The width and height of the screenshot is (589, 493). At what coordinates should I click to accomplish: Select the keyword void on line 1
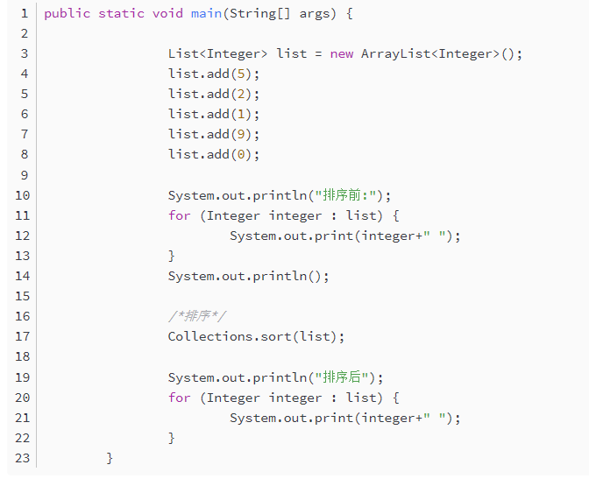167,13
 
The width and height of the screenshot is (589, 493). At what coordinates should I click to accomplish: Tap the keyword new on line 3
342,53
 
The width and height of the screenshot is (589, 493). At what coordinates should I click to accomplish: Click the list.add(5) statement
214,74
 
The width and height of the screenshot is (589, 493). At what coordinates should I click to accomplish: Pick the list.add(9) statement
214,134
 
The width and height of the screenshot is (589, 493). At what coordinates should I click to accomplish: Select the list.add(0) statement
214,154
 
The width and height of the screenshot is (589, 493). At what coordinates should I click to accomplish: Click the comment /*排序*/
198,316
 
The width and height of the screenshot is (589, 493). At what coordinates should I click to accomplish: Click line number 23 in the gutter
22,458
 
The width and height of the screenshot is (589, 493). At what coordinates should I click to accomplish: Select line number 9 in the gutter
25,175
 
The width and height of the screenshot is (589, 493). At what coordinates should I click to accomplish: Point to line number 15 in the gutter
22,296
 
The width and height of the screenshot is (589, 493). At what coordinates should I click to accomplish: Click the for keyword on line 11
179,215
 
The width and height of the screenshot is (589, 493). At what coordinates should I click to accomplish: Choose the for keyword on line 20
179,398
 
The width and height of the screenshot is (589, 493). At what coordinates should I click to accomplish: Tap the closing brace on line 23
110,458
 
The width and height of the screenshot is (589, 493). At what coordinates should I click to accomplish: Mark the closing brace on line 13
172,256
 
